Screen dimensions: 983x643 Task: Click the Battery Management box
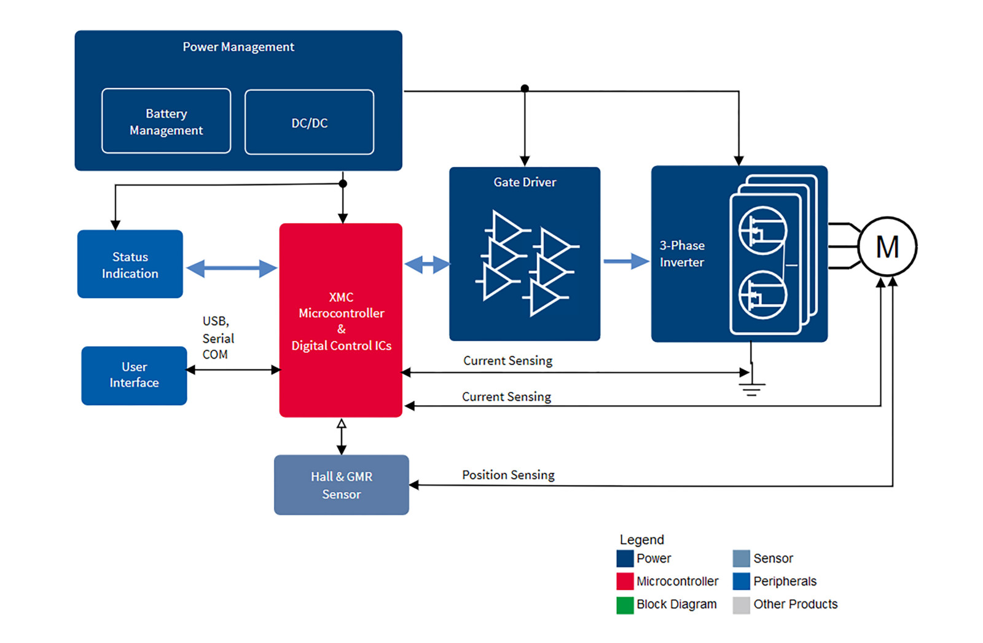(166, 120)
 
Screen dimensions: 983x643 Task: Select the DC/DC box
(310, 122)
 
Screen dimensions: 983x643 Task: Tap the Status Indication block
(130, 264)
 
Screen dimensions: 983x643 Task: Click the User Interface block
(135, 376)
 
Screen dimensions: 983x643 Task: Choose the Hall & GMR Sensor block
(342, 485)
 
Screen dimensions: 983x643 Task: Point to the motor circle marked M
(887, 247)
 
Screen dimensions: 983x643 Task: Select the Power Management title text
(238, 47)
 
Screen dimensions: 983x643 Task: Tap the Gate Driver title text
(525, 182)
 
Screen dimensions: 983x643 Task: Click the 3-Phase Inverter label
(682, 254)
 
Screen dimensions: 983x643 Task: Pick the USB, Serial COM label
(218, 337)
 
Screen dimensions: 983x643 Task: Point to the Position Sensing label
(508, 475)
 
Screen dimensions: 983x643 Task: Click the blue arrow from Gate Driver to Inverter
(626, 261)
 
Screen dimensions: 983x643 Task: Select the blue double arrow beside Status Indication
(231, 269)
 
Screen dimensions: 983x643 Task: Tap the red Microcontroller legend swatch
(625, 581)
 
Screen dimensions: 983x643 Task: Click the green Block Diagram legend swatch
(625, 605)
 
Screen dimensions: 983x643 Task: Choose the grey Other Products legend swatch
(741, 605)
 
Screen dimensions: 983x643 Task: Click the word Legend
(641, 539)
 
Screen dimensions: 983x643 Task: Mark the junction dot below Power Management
(343, 184)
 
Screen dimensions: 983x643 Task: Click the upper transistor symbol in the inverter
(762, 231)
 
